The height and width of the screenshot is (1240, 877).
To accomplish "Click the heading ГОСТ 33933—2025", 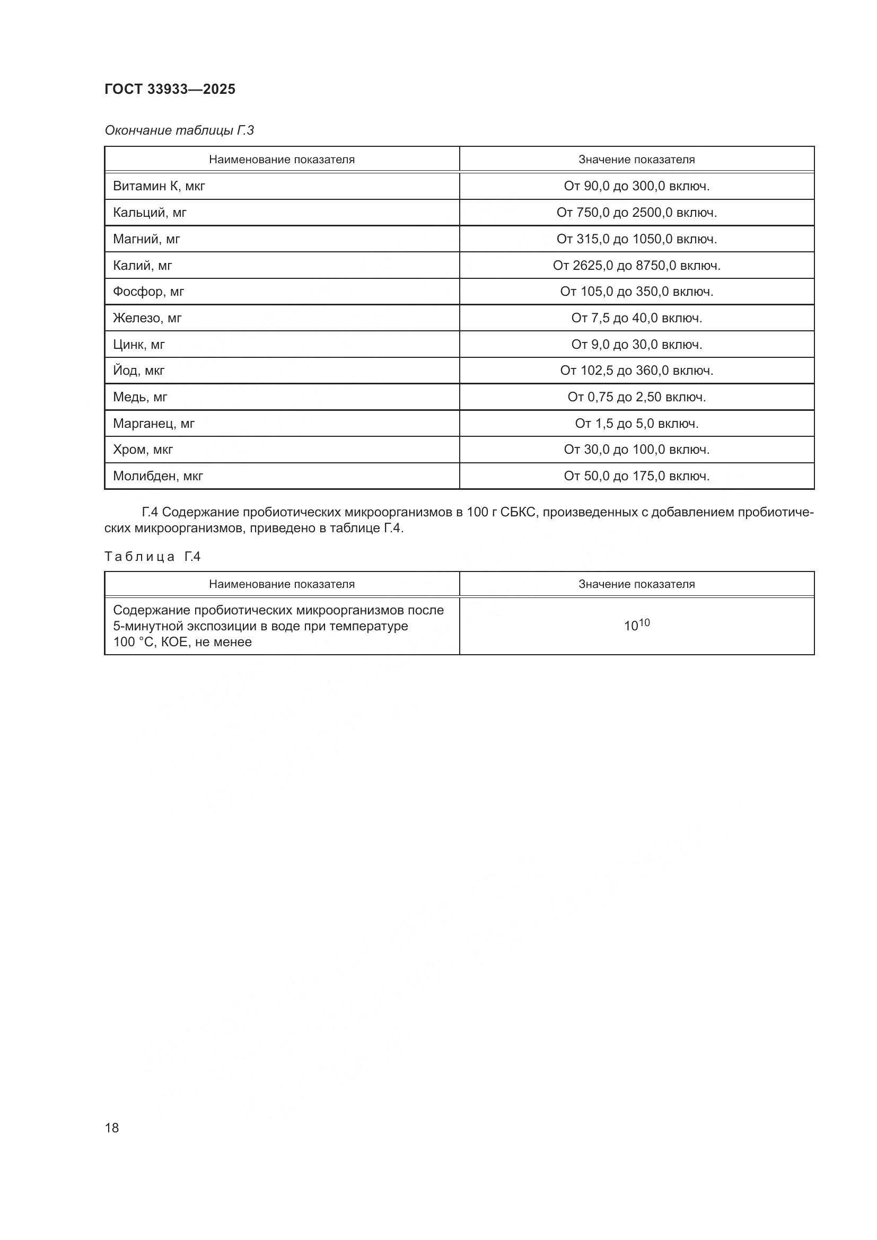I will [x=170, y=89].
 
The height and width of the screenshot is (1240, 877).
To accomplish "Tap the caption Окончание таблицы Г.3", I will [x=179, y=130].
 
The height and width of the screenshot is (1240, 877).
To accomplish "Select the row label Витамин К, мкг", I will [x=159, y=186].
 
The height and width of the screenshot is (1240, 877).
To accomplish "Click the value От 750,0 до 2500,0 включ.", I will [x=637, y=213].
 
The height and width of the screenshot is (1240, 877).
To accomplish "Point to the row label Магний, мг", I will [x=146, y=239].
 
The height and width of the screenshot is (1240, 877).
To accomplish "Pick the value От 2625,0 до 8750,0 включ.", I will [x=637, y=266].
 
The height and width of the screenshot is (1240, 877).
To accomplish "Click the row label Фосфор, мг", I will [x=148, y=292].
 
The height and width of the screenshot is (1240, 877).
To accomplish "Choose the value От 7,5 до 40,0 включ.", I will [x=637, y=318].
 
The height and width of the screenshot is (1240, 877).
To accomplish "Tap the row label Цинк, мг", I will [x=139, y=345].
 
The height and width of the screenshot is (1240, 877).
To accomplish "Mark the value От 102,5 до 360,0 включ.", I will [x=637, y=371].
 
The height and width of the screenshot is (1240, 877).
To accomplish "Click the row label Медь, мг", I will [x=140, y=398].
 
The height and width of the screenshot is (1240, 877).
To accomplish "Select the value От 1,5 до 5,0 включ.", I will [x=637, y=424].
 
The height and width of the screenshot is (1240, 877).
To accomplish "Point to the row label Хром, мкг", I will [x=143, y=450].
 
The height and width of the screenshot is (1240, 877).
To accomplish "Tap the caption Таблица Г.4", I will [x=152, y=557].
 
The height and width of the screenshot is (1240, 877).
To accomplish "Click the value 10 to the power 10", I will [x=637, y=626].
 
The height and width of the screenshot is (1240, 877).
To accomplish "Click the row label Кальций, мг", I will [x=150, y=213].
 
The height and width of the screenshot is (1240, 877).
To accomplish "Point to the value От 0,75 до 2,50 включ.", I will [x=637, y=398].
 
